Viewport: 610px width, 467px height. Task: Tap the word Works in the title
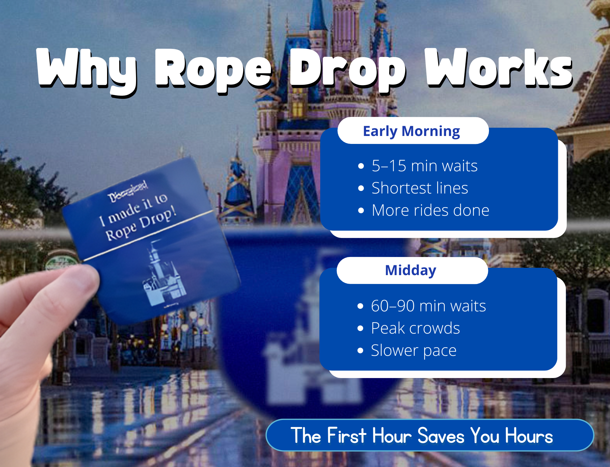coord(499,68)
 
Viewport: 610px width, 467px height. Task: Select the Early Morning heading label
coord(411,131)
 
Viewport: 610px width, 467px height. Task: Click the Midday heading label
coord(410,270)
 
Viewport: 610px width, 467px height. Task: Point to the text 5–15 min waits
coord(424,166)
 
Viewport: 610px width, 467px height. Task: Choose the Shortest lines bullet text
coord(420,188)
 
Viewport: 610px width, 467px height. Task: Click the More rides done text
coord(430,210)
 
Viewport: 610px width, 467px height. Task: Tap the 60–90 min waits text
coord(428,306)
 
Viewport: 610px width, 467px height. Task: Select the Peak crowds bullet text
coord(415,328)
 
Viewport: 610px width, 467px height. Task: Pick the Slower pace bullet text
coord(414,350)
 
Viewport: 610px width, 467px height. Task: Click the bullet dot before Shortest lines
coord(361,188)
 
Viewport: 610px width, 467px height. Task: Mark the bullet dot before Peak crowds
coord(360,328)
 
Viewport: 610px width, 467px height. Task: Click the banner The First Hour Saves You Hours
coord(430,435)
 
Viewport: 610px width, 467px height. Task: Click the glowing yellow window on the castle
coord(298,106)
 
